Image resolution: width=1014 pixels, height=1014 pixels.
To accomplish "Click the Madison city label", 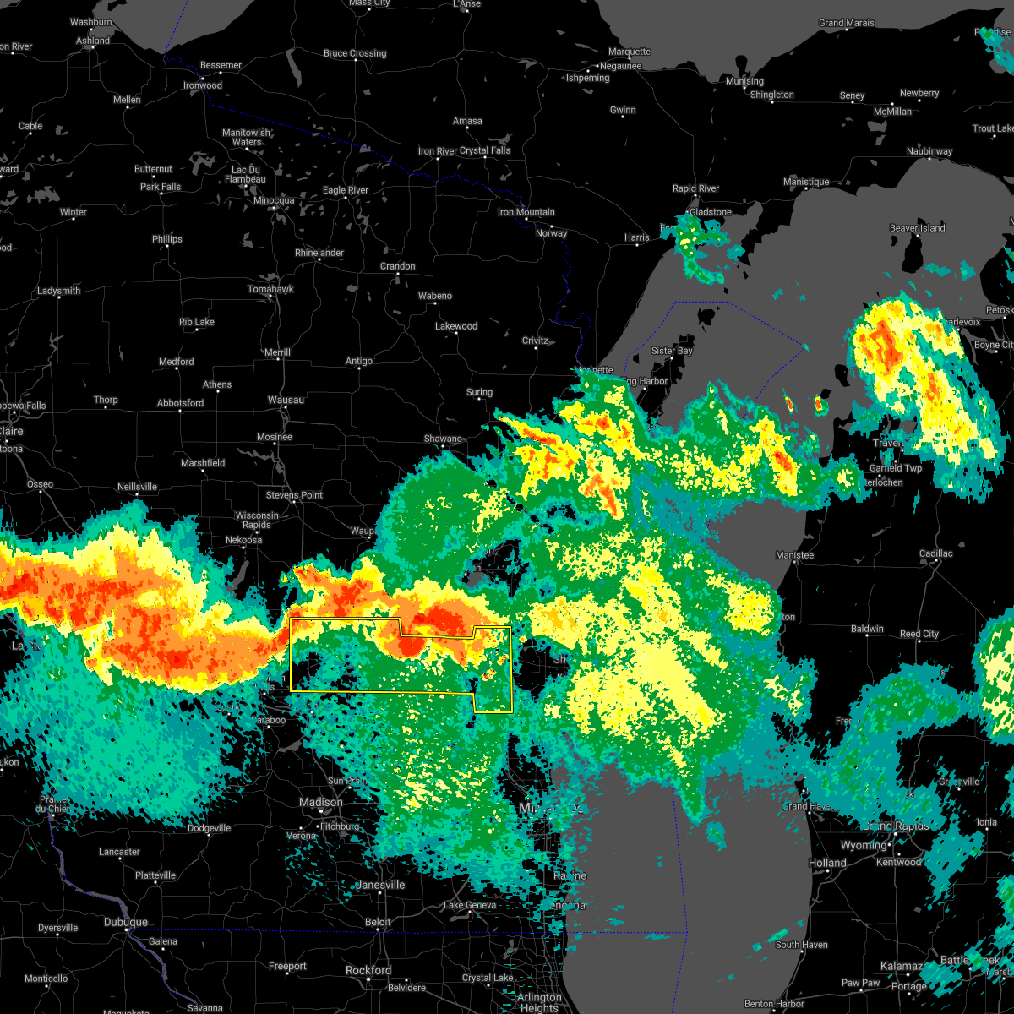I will tap(321, 802).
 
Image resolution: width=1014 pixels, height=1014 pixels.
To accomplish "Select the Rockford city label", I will tap(369, 971).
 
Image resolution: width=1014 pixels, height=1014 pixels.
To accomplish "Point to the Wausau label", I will tap(286, 400).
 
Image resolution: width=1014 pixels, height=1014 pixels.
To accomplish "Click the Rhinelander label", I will tap(319, 253).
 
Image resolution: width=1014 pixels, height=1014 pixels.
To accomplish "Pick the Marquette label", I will tap(630, 52).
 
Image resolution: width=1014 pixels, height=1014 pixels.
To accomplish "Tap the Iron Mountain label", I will tap(526, 212).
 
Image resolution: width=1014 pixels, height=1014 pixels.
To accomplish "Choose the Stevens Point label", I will tap(294, 495).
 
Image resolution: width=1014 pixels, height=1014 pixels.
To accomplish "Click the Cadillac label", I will tap(935, 553).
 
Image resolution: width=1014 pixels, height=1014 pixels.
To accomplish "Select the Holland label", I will tap(827, 863).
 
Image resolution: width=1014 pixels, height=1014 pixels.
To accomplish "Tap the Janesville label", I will tap(381, 885).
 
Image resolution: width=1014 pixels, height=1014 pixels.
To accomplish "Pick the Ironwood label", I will tap(203, 85).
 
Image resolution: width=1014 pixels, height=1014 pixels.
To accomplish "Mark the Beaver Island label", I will tap(918, 228).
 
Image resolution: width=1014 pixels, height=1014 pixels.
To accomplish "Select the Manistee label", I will tap(794, 555).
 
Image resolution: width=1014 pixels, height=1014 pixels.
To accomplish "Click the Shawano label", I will tap(443, 439).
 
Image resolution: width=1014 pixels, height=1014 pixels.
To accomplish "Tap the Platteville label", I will tap(155, 875).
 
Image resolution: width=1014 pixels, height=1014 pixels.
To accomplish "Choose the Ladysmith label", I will tap(59, 291).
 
